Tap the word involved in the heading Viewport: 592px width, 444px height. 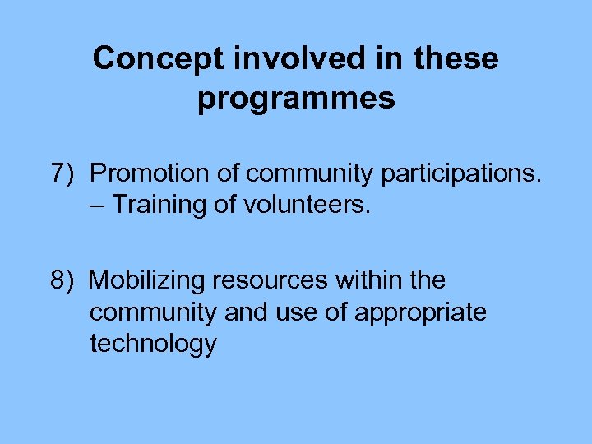click(271, 59)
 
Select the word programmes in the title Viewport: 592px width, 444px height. click(296, 99)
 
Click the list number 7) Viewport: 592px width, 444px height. click(63, 173)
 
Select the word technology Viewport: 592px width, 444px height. click(153, 344)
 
